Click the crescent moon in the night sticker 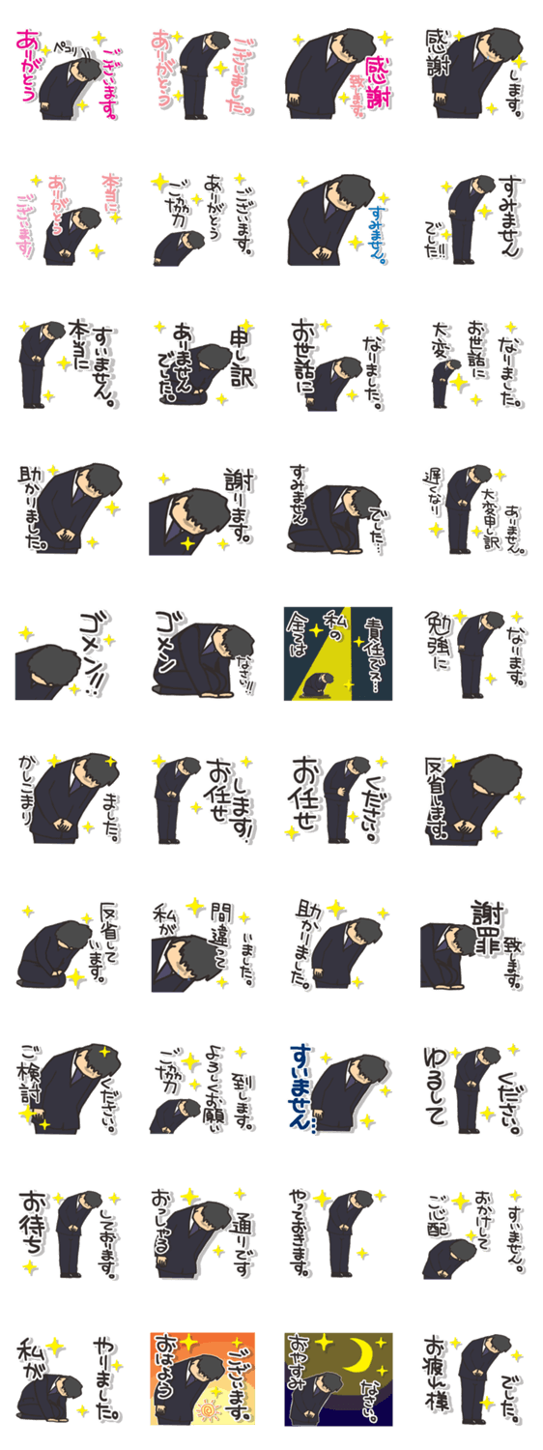pos(364,1355)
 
